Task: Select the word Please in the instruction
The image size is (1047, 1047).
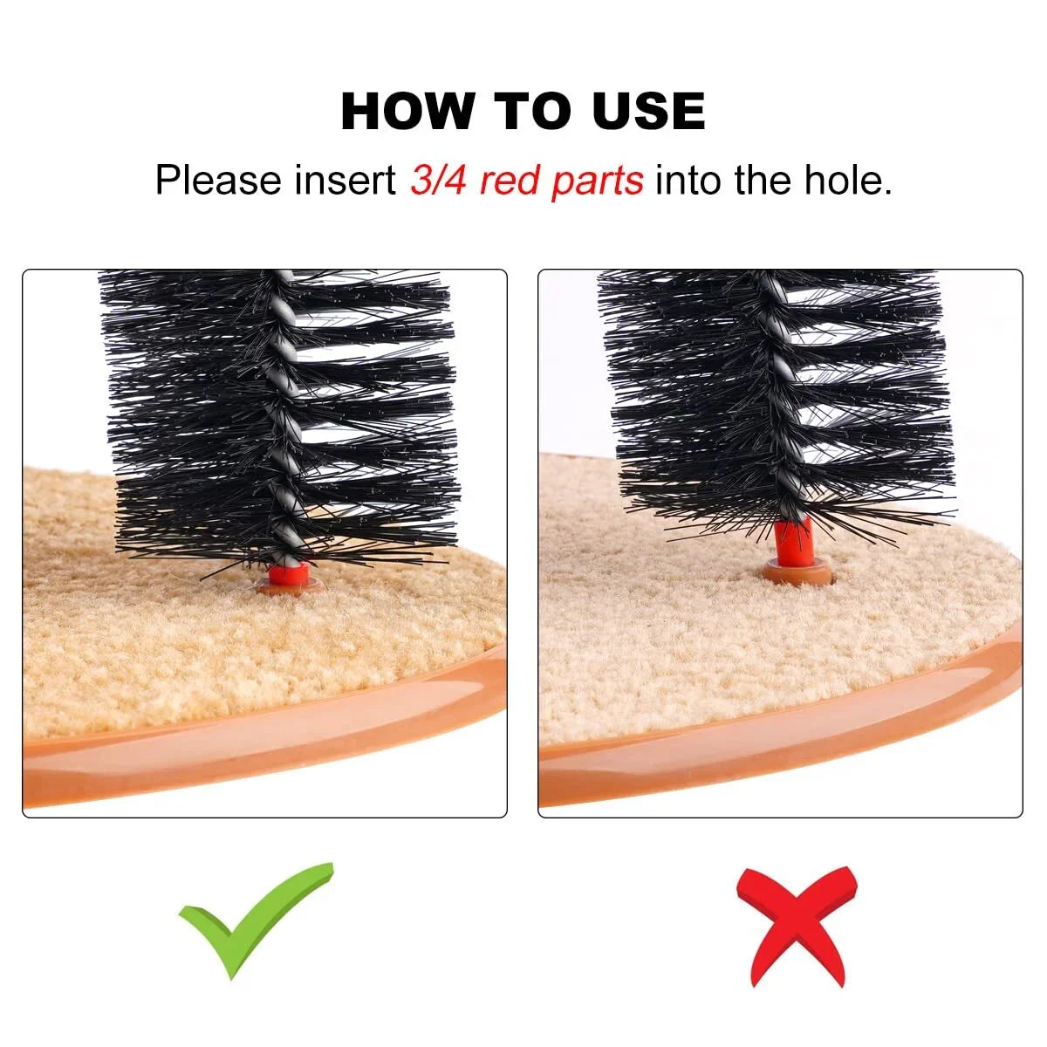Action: (x=218, y=180)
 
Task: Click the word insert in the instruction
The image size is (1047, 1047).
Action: (x=345, y=180)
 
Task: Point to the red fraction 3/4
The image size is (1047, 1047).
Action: (x=438, y=180)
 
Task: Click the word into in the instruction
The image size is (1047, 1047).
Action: (x=688, y=180)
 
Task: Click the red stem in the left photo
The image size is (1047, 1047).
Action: (x=289, y=574)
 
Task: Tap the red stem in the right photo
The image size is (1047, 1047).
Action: (x=794, y=542)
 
